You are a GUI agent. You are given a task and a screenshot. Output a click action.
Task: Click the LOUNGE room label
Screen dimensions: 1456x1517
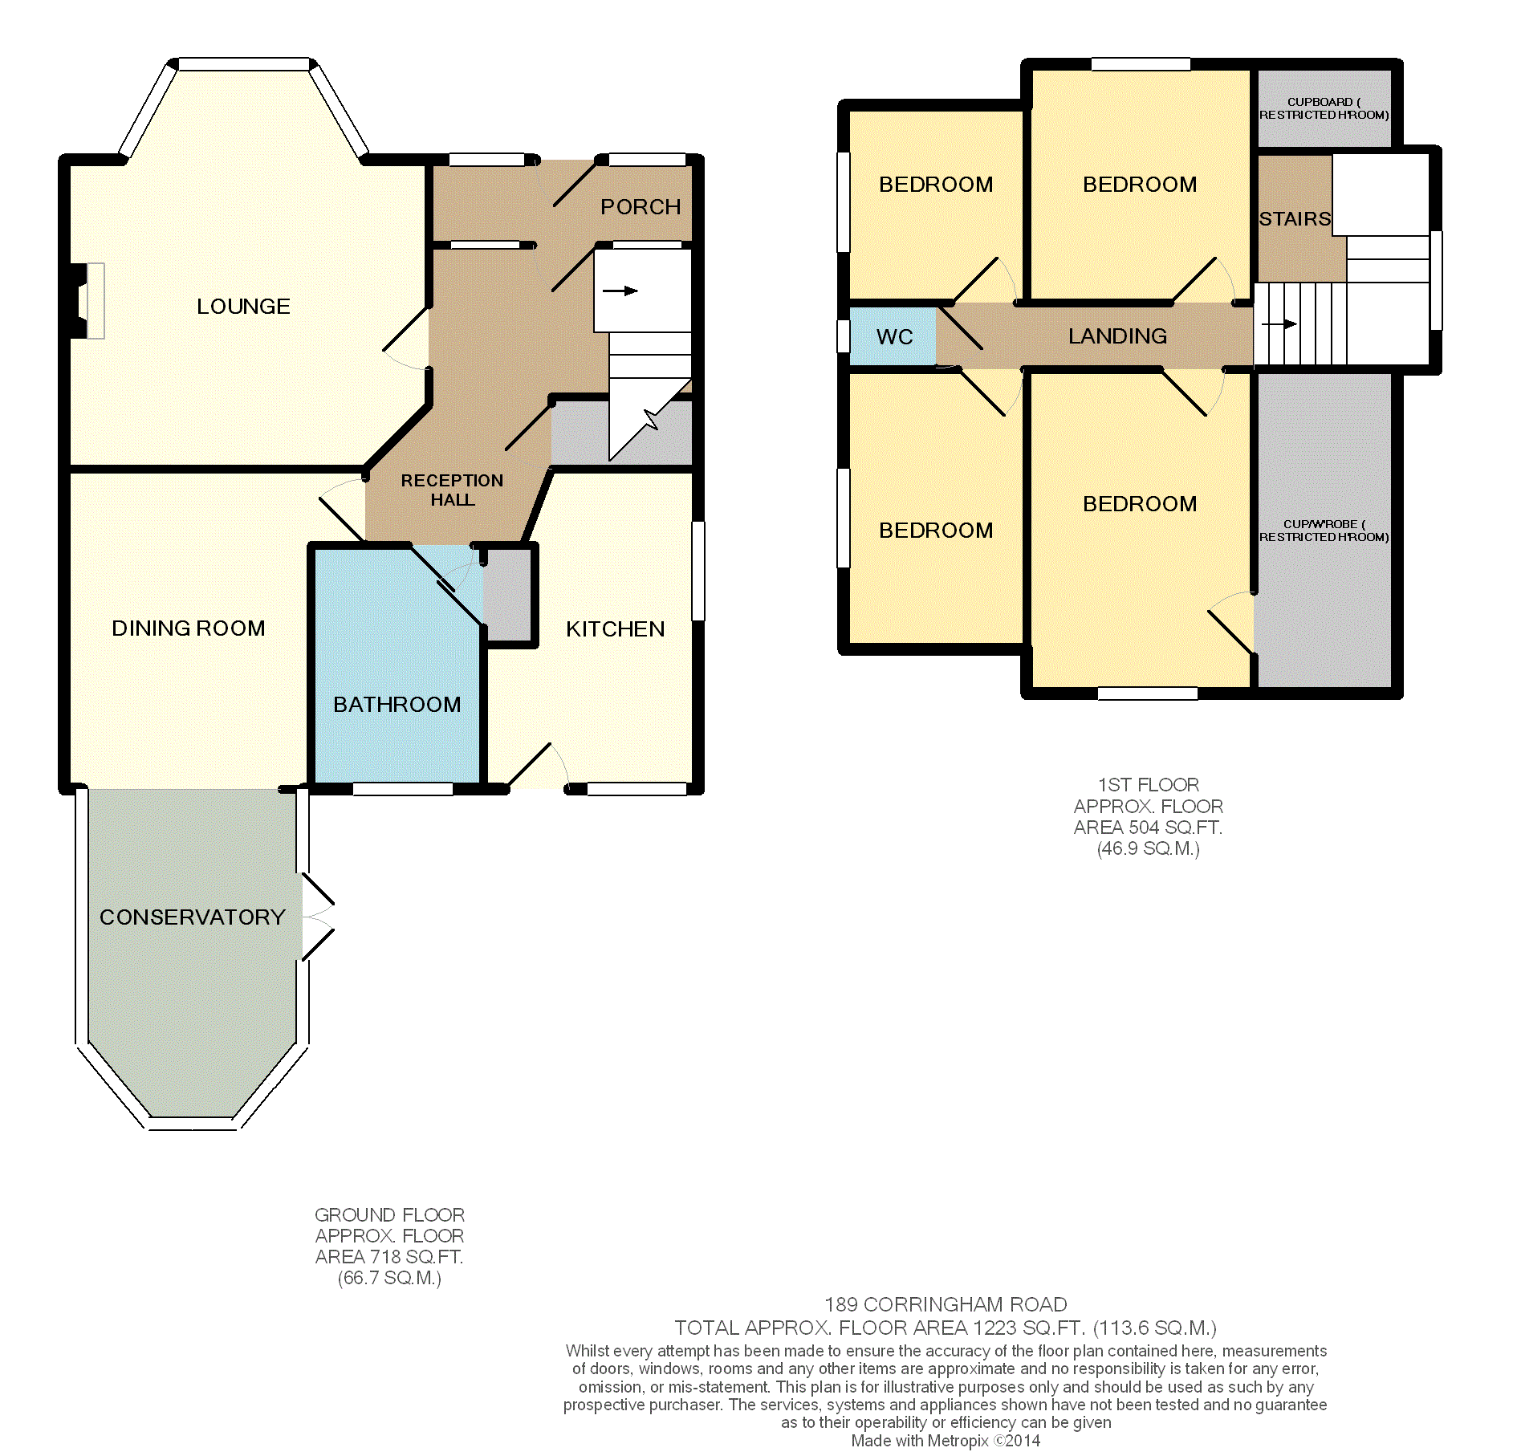[243, 307]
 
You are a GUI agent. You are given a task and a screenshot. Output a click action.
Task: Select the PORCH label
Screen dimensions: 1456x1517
[640, 207]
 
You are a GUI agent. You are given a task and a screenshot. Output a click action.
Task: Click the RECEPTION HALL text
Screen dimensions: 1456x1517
[452, 490]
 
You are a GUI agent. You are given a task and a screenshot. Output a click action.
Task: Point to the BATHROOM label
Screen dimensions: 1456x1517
[397, 705]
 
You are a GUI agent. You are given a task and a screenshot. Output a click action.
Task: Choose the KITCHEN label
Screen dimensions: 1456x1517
[615, 629]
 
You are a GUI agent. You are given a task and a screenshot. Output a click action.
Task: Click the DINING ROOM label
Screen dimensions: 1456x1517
[188, 628]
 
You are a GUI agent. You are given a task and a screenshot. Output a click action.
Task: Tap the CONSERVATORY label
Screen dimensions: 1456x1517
[192, 917]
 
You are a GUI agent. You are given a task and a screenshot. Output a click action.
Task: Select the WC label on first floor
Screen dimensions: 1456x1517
[894, 337]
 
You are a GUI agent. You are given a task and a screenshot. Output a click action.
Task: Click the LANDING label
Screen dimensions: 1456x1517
[1117, 336]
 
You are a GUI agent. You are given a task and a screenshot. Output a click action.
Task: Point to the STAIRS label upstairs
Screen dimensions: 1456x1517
[1294, 219]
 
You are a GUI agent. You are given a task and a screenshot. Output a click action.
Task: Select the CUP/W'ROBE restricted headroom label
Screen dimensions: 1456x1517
[1324, 531]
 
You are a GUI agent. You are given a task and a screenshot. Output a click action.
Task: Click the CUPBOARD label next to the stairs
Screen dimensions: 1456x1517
[1324, 108]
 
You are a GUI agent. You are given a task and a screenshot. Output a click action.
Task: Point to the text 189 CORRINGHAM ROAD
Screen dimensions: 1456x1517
[945, 1305]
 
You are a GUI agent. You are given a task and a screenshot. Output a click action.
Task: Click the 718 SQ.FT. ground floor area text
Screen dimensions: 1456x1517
[388, 1257]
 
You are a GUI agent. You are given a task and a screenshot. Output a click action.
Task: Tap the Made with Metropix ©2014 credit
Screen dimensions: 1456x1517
[945, 1441]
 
